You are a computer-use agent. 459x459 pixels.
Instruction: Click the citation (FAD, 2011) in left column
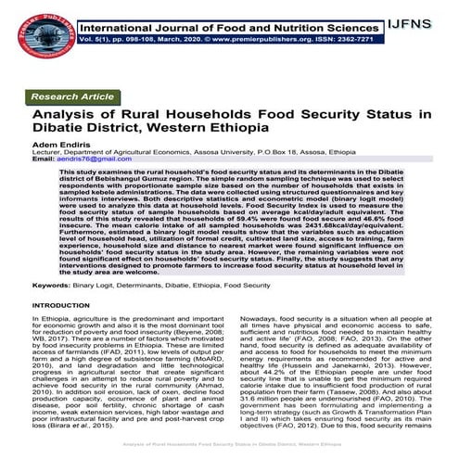coord(128,356)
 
